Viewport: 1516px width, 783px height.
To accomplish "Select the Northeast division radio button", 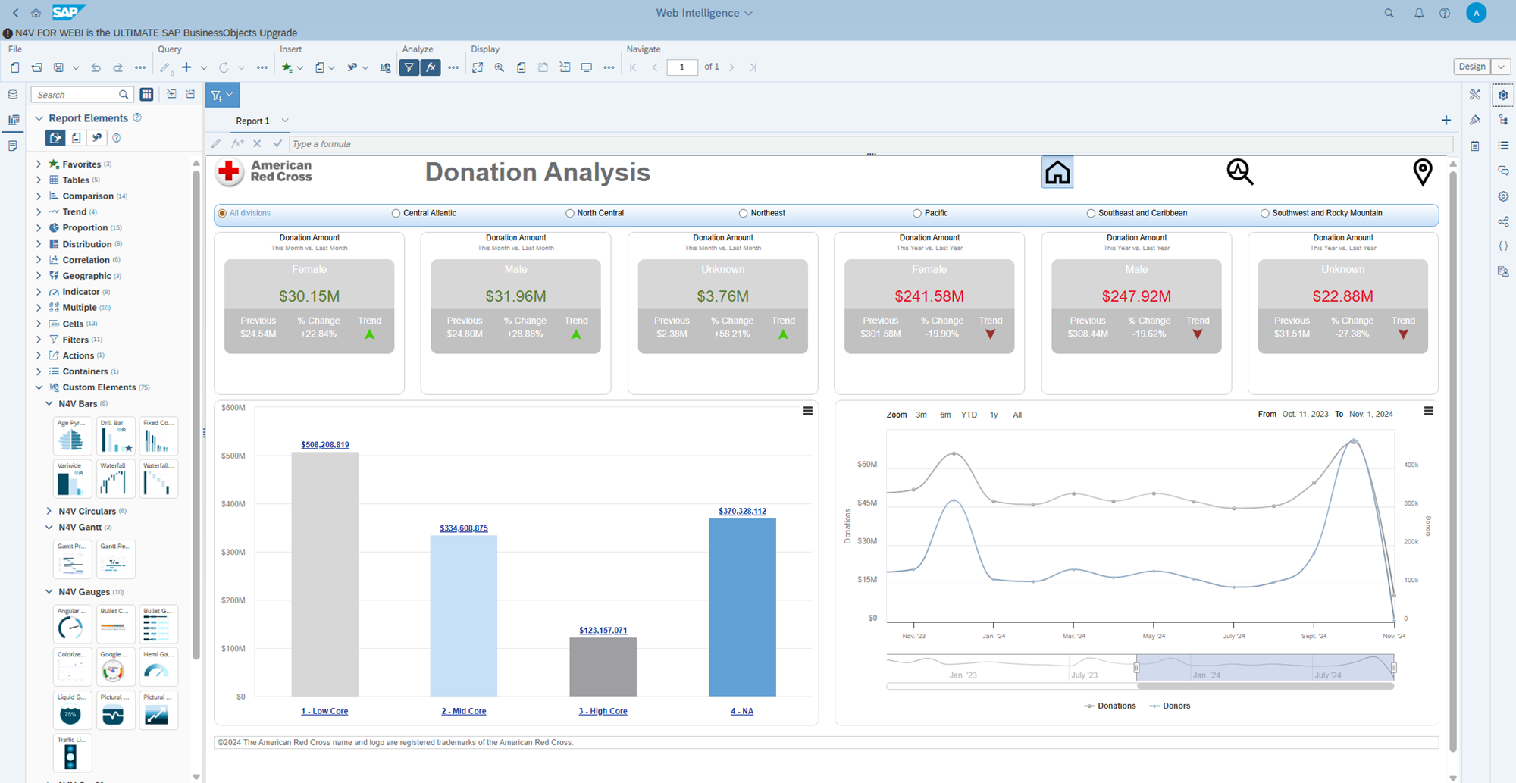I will [743, 213].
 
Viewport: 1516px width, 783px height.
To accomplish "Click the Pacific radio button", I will [916, 213].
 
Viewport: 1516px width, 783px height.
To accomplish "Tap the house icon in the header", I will [1057, 173].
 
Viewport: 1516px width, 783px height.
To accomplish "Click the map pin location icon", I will [1423, 172].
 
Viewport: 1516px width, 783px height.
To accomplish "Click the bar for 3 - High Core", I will [603, 666].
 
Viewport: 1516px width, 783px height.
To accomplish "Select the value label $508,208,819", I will [325, 445].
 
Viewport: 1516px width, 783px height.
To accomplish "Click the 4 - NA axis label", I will [741, 711].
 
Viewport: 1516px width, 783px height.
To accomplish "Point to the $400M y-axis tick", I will [233, 504].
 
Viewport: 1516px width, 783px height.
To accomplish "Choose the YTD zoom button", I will [969, 415].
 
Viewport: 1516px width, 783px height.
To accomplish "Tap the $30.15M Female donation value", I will [309, 296].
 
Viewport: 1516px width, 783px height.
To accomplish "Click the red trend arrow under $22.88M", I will [1403, 334].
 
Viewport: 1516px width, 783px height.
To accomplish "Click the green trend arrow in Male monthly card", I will [576, 334].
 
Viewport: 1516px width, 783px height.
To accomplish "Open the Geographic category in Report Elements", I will [86, 276].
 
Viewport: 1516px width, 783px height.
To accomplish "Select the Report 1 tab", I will [252, 121].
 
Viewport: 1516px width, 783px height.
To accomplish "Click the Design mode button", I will [1471, 67].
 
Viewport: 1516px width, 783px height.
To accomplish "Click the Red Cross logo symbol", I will [229, 172].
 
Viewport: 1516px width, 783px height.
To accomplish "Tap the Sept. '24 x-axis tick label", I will [1314, 636].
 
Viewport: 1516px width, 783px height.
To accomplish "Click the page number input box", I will [681, 67].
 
